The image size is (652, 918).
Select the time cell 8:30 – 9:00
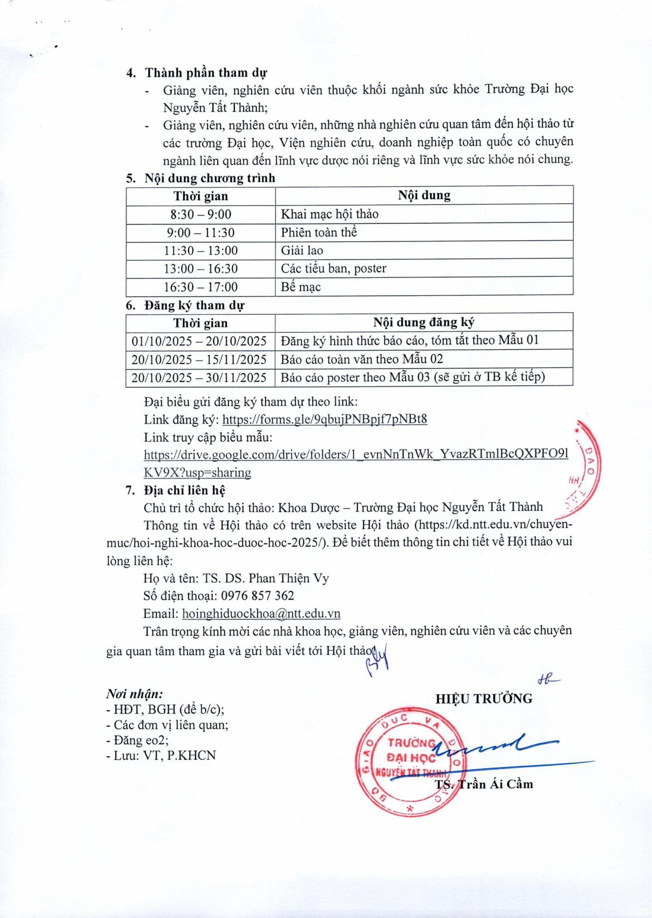(201, 214)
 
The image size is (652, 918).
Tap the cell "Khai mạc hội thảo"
(329, 214)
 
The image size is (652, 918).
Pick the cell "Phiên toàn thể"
(319, 232)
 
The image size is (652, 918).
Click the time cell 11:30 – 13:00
(201, 251)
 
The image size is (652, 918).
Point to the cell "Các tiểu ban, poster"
(333, 268)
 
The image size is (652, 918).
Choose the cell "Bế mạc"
(301, 287)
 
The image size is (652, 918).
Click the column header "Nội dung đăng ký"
(424, 322)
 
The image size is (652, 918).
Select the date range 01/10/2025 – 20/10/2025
(199, 341)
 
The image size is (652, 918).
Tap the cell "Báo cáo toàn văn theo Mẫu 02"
(361, 359)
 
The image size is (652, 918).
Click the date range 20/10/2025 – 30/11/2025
(199, 377)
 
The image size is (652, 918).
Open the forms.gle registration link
(324, 420)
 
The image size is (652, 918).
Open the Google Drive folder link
(356, 455)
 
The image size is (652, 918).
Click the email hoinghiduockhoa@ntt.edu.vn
(261, 614)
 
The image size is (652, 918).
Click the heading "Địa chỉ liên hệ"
(185, 490)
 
